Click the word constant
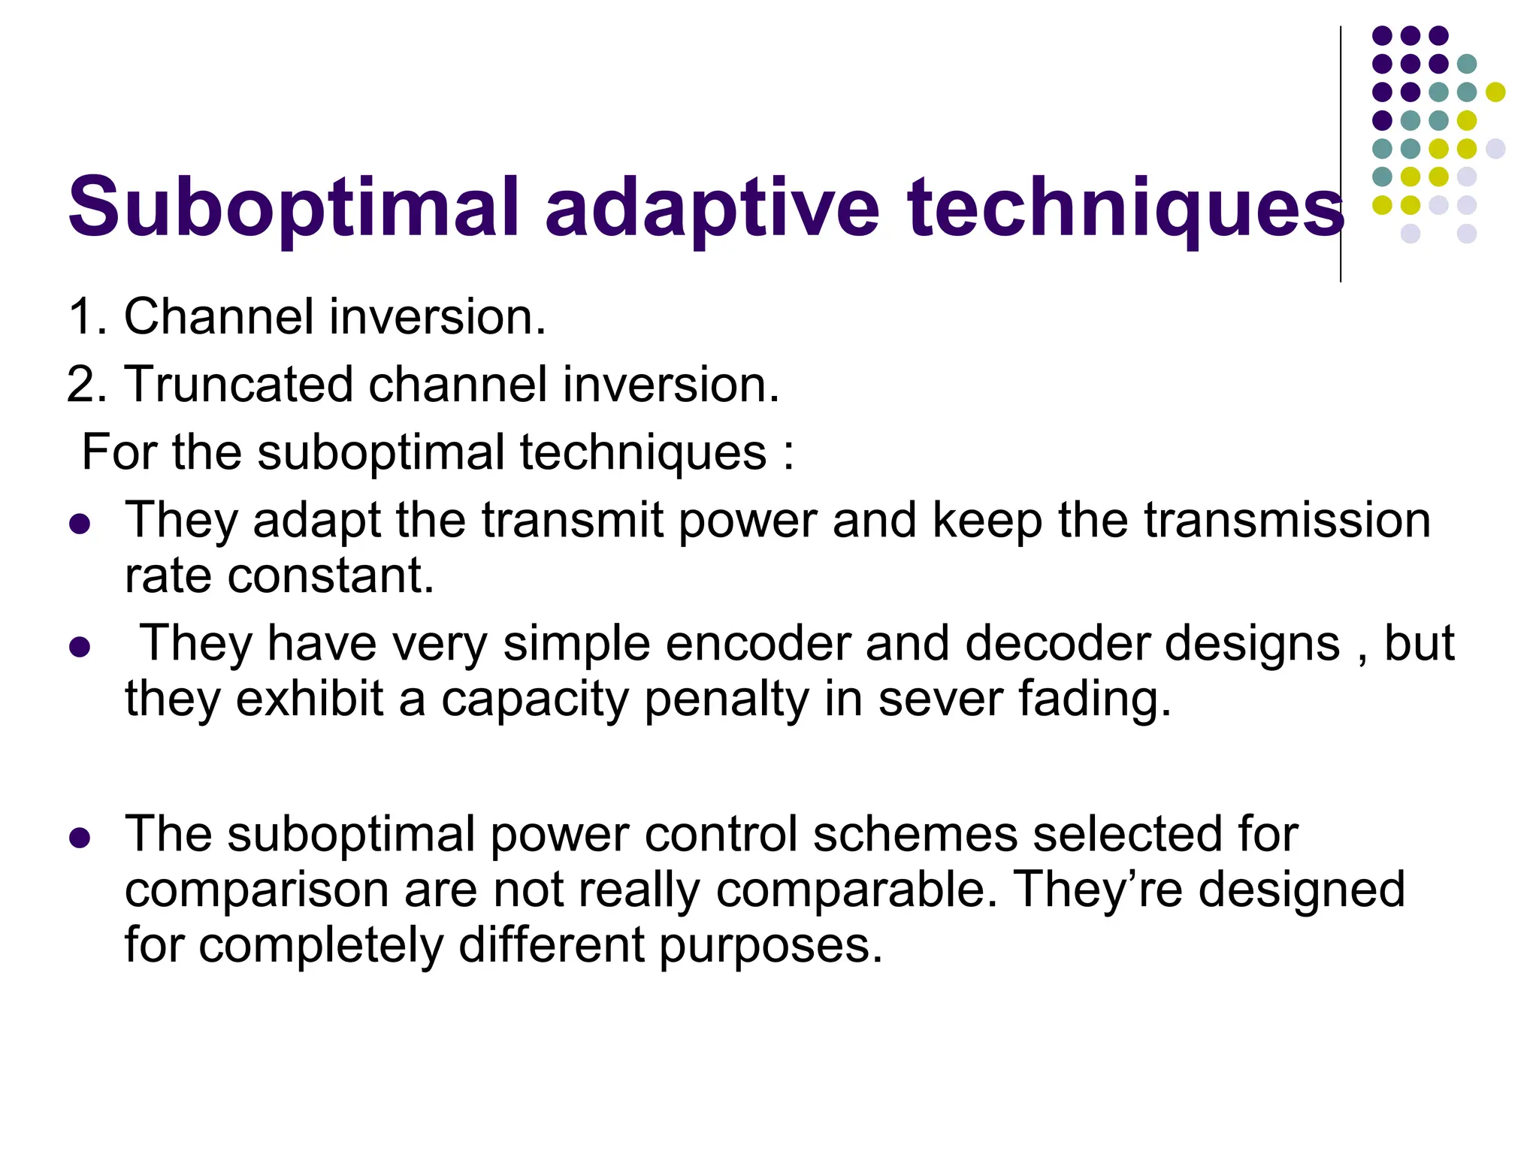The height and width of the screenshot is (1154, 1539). point(331,575)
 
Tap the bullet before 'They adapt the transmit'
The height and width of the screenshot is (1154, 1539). point(79,523)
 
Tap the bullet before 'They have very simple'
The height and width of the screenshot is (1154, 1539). point(79,646)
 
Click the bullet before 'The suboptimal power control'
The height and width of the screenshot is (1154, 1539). point(79,837)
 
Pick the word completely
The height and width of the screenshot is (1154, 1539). point(321,945)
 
